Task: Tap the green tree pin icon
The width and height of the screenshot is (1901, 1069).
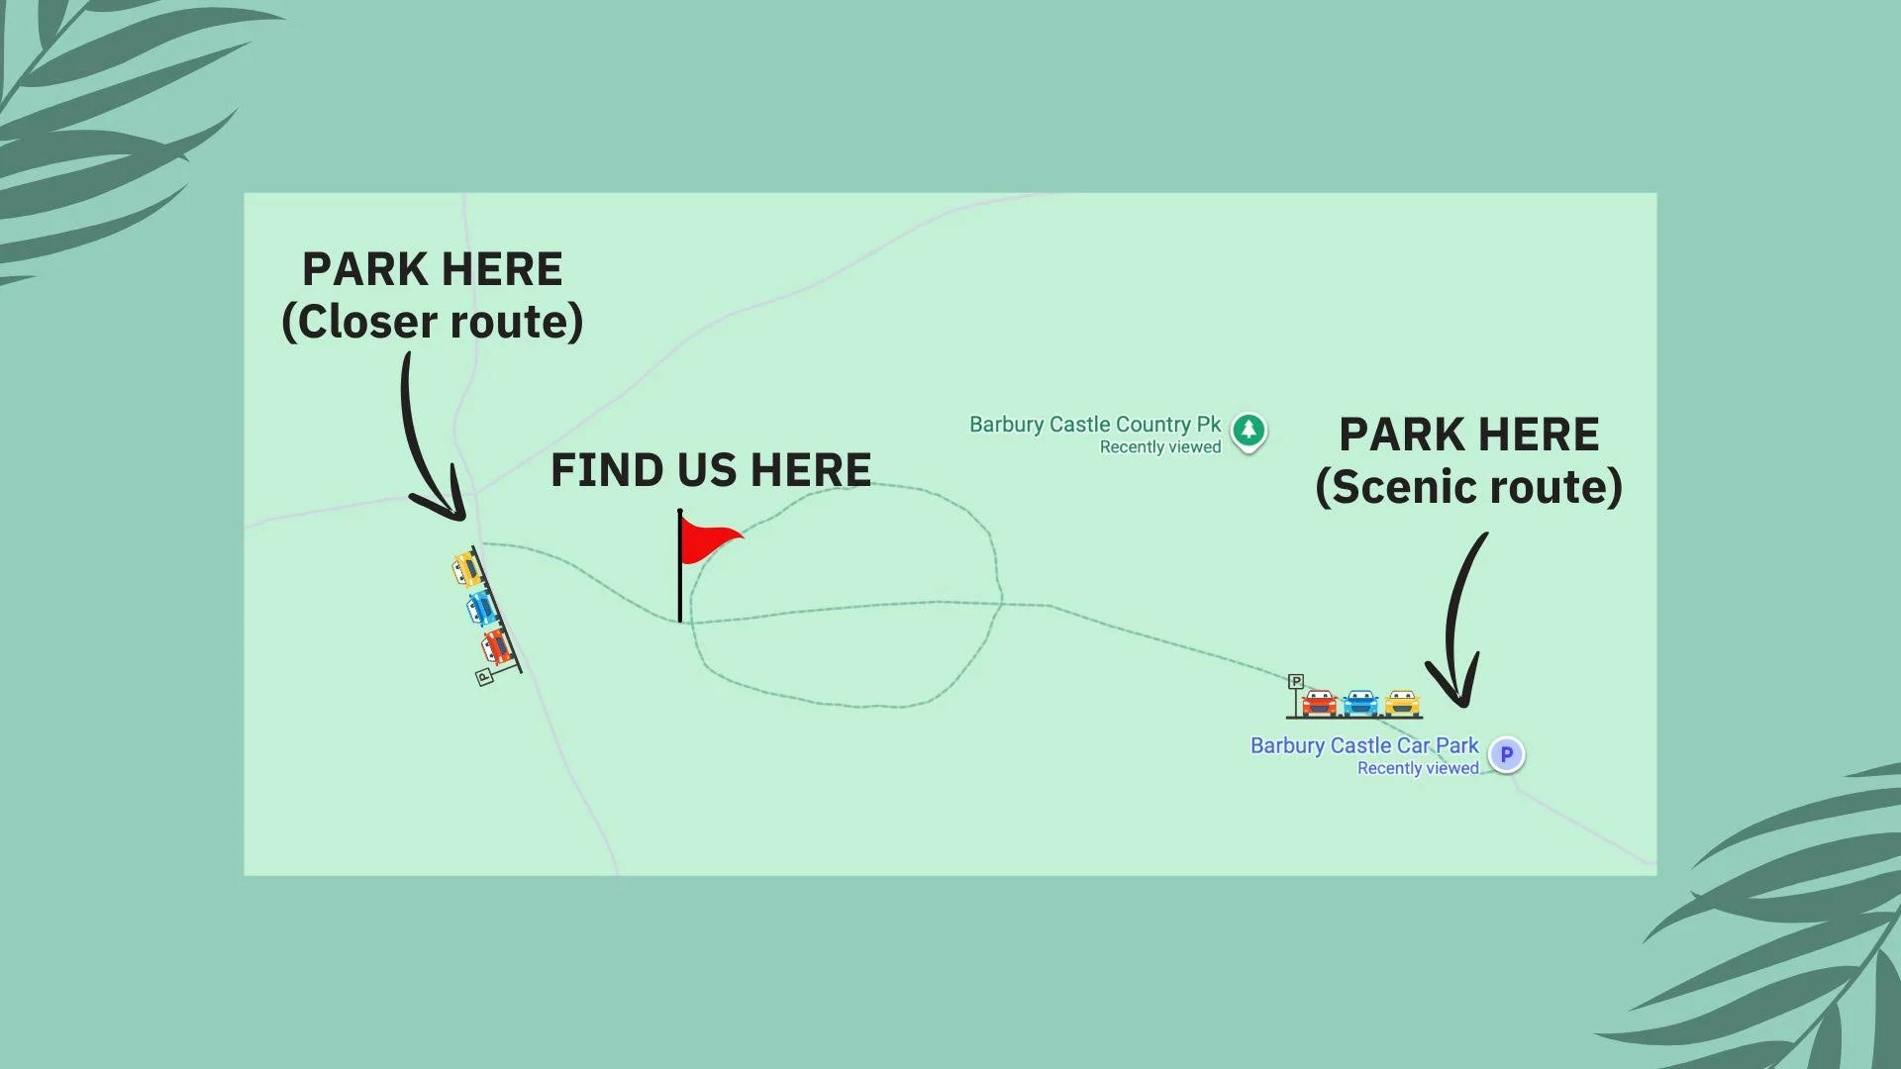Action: (x=1249, y=431)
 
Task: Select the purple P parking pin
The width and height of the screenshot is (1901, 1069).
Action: (x=1506, y=754)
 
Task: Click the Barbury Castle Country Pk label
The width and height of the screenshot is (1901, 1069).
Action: (x=1094, y=425)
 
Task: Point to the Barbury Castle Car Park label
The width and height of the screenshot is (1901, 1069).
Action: (x=1363, y=745)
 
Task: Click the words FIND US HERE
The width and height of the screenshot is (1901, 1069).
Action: (x=711, y=470)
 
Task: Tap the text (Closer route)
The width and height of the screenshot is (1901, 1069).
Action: (x=433, y=322)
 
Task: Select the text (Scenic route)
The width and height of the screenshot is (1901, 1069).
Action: (x=1468, y=487)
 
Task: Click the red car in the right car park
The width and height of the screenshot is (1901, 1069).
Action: (x=1319, y=703)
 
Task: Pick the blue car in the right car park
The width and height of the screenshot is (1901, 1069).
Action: (x=1360, y=703)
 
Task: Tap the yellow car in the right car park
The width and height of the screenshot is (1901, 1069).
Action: (x=1402, y=703)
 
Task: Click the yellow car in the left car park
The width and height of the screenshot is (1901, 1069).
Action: (x=466, y=569)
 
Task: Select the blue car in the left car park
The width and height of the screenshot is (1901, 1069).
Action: (x=481, y=607)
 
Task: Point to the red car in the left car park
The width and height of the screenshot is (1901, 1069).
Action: (x=496, y=646)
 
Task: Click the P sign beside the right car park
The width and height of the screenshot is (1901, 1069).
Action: (x=1295, y=682)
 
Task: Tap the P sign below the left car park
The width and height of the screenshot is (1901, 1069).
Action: (x=484, y=677)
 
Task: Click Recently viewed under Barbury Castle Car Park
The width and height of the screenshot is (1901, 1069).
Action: (x=1418, y=768)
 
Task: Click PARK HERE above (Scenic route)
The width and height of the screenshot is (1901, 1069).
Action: (x=1468, y=435)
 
